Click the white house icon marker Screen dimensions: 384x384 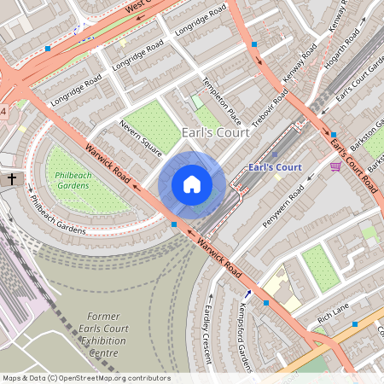click(192, 184)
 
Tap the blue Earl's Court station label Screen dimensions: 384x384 click(274, 167)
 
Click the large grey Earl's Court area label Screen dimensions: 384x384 click(216, 132)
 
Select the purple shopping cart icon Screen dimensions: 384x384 click(335, 166)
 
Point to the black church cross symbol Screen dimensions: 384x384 click(12, 179)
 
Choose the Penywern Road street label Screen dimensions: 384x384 click(283, 207)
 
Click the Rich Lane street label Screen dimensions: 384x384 click(333, 319)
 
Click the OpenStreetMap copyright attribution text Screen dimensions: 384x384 click(86, 378)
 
